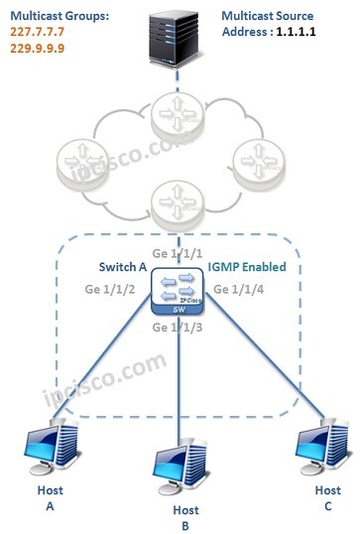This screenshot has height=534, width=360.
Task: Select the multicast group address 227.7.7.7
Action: [x=38, y=31]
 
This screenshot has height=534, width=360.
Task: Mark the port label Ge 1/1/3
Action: [x=180, y=329]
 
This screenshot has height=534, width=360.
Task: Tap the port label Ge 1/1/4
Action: [x=243, y=290]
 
